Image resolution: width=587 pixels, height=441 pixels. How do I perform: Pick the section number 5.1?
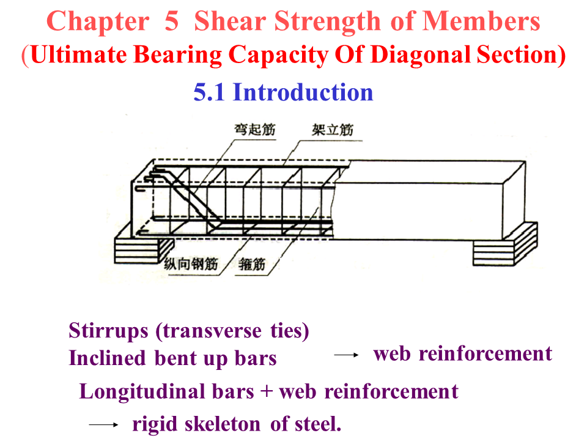point(210,92)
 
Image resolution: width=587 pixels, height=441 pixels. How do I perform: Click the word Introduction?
point(303,92)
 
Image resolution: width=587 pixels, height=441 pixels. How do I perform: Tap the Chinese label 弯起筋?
point(256,130)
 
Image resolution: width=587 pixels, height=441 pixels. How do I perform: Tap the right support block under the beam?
point(504,244)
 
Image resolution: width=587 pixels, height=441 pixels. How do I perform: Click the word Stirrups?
point(108,331)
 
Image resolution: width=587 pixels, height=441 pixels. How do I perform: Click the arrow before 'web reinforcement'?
point(345,355)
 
